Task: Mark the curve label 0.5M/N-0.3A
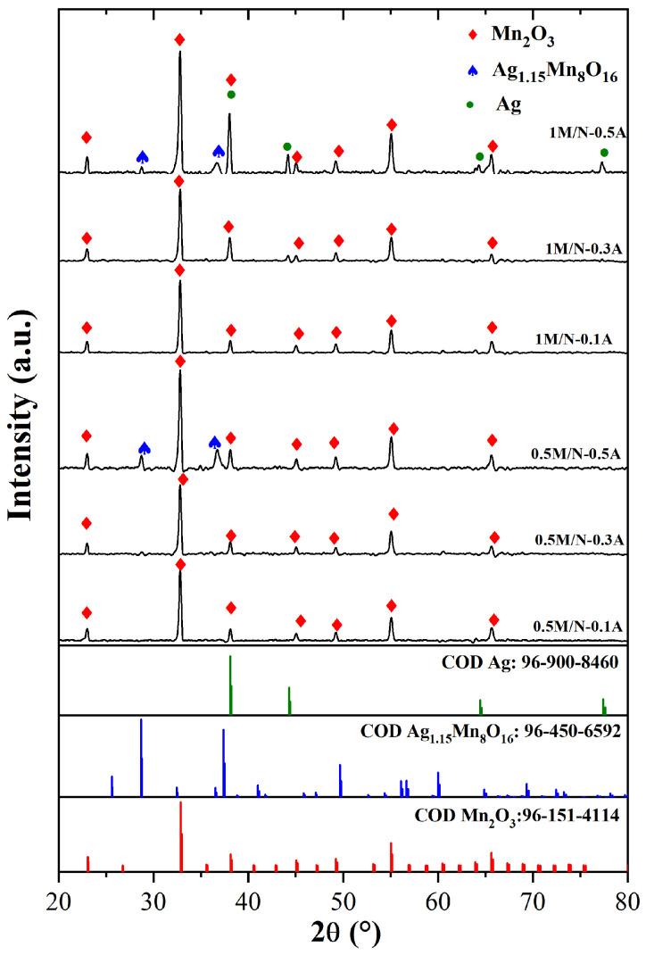pos(579,540)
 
